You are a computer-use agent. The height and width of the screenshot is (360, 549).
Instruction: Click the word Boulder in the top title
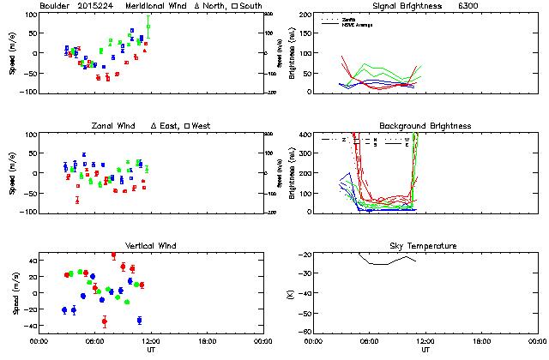53,7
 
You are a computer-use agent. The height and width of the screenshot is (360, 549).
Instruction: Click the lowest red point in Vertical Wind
105,321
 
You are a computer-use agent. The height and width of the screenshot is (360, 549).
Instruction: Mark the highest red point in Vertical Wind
113,255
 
